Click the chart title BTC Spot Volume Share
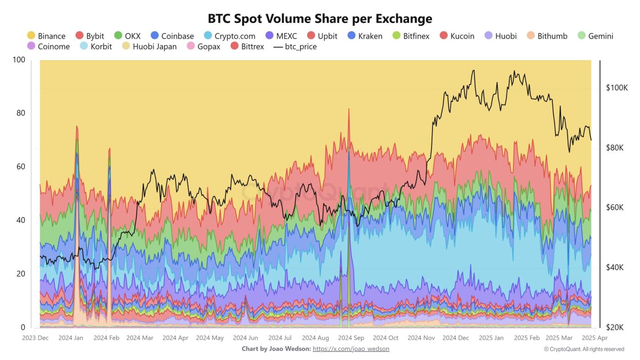(x=320, y=18)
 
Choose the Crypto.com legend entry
(x=229, y=36)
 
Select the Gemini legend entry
(x=595, y=36)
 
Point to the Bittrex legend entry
(x=247, y=46)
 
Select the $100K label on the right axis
(x=617, y=88)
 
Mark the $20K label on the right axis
(x=614, y=328)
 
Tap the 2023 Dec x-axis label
(x=35, y=338)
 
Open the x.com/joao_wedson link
(x=351, y=349)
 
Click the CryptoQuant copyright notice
(x=584, y=349)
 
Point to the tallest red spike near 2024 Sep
(x=349, y=110)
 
